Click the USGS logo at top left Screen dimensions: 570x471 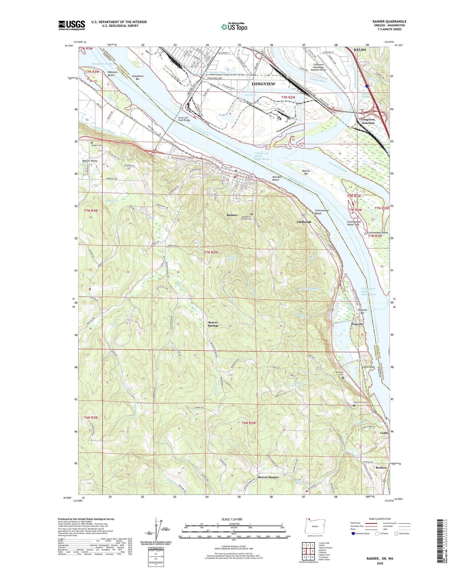72,25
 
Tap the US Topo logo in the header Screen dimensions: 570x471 234,27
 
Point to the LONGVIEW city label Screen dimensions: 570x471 263,84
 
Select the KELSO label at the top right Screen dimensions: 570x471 360,50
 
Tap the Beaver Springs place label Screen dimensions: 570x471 213,324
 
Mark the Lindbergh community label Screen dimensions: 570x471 304,222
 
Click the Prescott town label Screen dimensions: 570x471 357,324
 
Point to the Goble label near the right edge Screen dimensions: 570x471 384,433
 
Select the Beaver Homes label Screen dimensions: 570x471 268,477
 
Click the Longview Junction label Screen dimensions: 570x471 368,121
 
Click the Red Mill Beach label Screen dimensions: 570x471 275,178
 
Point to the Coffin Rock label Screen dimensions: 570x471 368,367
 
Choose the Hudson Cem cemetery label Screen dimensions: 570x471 96,145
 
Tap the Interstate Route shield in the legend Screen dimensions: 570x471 353,534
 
